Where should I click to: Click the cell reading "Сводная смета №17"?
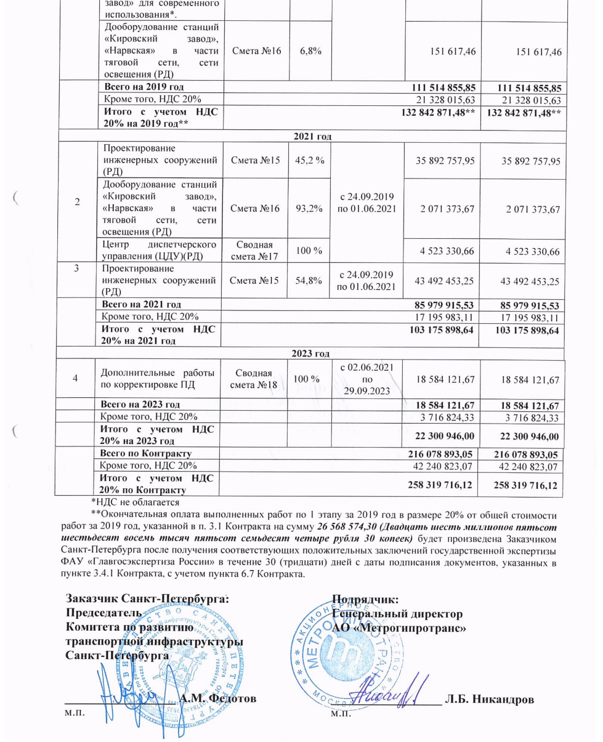pos(254,251)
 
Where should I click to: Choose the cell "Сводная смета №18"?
pos(254,381)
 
